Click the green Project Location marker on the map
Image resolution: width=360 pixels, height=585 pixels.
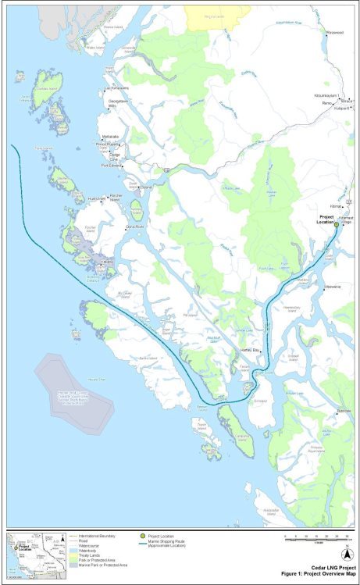tap(336, 224)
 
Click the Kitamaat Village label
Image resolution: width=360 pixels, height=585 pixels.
tap(346, 223)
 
